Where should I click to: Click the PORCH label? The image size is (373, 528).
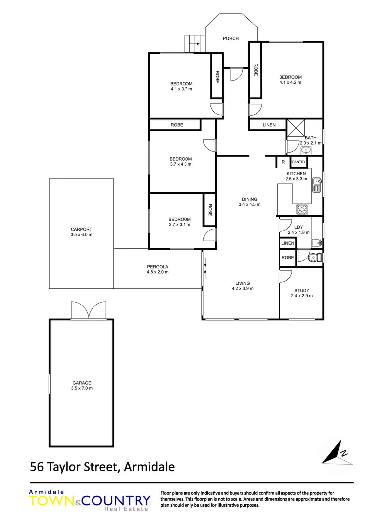tap(231, 38)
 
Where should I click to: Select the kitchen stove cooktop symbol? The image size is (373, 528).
tap(302, 209)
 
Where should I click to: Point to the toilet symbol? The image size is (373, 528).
tap(313, 258)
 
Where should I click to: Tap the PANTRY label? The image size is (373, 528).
tap(299, 162)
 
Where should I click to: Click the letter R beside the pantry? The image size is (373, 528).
tap(283, 162)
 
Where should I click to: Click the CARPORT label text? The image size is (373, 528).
tap(82, 229)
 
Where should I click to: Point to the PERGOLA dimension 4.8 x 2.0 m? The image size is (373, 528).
tap(158, 272)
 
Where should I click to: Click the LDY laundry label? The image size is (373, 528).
tap(298, 227)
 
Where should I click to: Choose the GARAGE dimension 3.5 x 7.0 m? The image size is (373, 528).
tap(82, 388)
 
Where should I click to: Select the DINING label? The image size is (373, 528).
tap(249, 199)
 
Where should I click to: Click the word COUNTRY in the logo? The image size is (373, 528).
tap(119, 500)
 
